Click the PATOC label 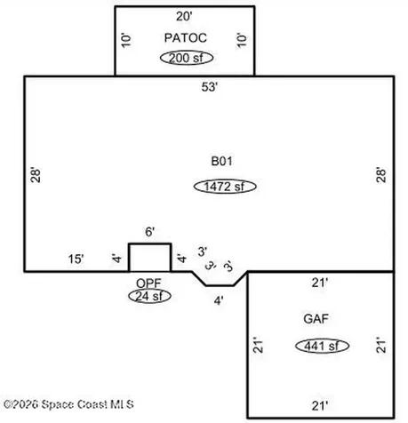point(186,38)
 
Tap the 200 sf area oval point(187,58)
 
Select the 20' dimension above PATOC point(184,16)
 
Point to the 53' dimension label point(210,87)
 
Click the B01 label point(221,161)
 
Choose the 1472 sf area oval point(225,187)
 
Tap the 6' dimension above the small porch point(150,232)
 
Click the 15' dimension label point(76,259)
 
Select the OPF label point(148,283)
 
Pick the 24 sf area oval point(149,296)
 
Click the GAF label point(316,319)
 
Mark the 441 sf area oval point(322,346)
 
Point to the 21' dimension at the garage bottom point(320,405)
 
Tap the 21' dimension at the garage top point(320,283)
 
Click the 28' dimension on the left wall point(36,176)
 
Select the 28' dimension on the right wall point(381,175)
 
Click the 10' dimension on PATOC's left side point(126,40)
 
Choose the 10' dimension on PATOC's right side point(242,40)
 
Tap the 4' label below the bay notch point(219,301)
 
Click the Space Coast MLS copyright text point(68,404)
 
